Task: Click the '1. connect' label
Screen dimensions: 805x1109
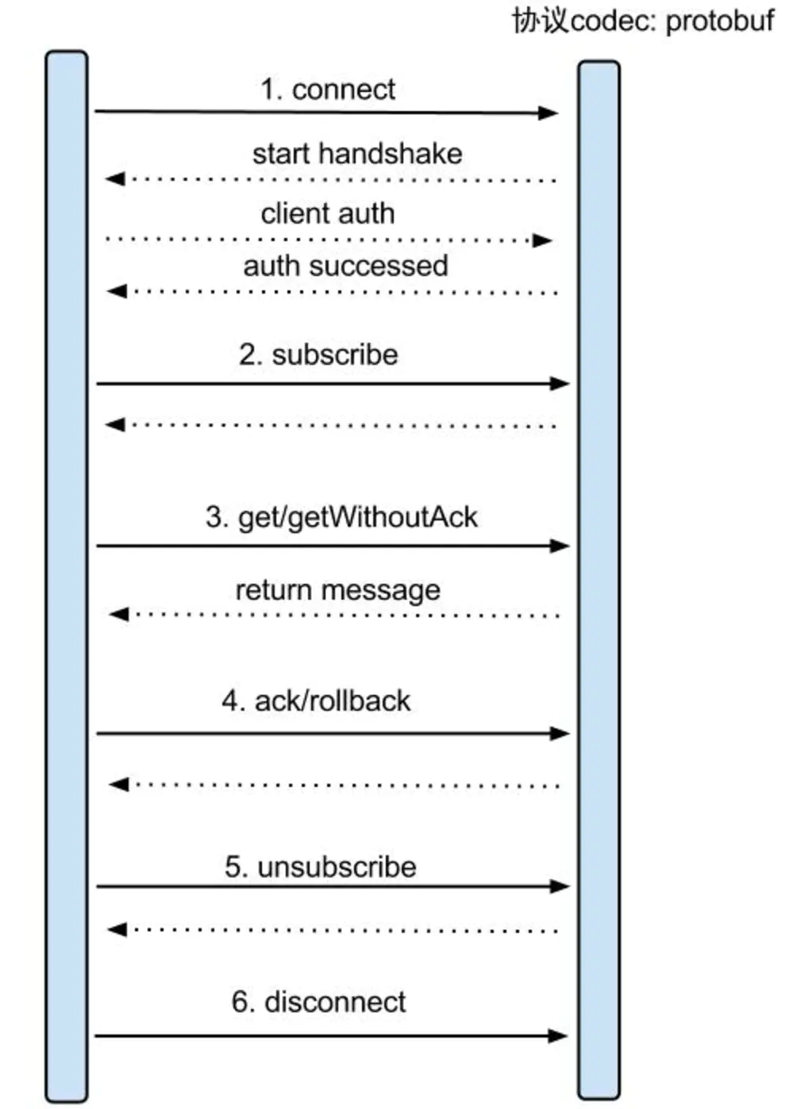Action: pos(328,90)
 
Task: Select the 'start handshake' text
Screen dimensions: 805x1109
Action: pos(357,153)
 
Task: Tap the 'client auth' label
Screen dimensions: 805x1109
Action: pos(327,214)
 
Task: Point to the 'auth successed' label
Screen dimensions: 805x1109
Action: pos(345,266)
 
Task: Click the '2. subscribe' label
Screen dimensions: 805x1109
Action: pos(318,355)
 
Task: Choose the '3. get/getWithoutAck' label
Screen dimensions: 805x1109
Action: pos(341,518)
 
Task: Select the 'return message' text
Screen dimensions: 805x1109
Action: pos(338,591)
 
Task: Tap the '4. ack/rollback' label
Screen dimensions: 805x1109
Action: pos(316,700)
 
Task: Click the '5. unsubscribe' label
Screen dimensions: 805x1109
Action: pos(321,866)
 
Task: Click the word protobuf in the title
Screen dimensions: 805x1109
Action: pos(720,21)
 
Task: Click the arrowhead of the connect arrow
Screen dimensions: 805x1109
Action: pos(549,113)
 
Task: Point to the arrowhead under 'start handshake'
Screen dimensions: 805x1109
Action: pos(115,178)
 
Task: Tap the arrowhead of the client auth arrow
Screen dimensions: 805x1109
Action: pos(542,241)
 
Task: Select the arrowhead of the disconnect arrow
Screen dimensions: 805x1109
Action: pos(557,1036)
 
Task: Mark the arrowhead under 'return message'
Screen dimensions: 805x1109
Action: pos(118,615)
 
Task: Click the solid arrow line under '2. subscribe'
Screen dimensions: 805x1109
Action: pos(333,384)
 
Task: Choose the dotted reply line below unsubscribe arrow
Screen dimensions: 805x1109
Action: pos(333,930)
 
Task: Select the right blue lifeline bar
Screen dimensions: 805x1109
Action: pos(599,580)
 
